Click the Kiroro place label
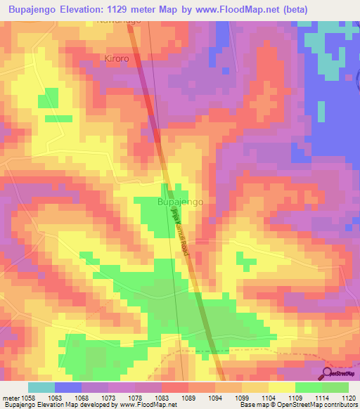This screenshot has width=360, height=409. (x=116, y=59)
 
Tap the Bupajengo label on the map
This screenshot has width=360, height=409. (x=181, y=202)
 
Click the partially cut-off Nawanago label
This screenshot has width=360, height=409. (x=119, y=22)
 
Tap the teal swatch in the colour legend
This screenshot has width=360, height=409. (x=41, y=387)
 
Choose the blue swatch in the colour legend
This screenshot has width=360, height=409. (x=67, y=387)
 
